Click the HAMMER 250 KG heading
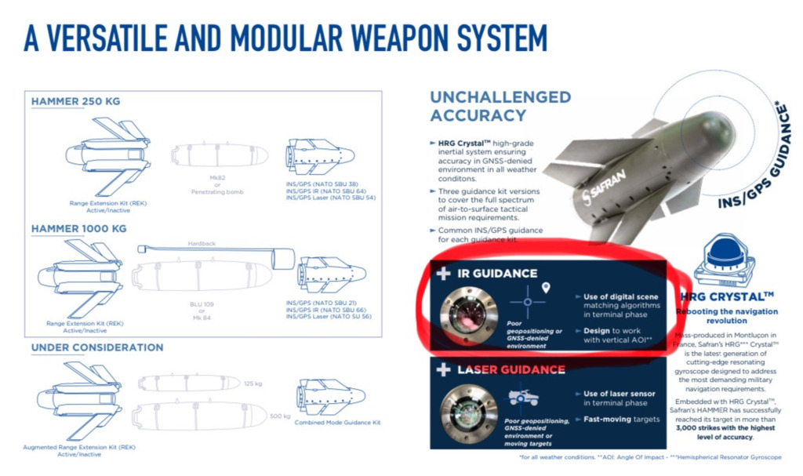pos(75,102)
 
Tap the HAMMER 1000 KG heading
pos(78,228)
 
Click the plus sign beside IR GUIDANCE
pos(444,274)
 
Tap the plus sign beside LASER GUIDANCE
pos(444,369)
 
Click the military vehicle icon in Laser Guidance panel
pos(524,397)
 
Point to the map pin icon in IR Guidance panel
pos(547,289)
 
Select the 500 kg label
pos(281,416)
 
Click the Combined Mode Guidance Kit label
pos(336,423)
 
